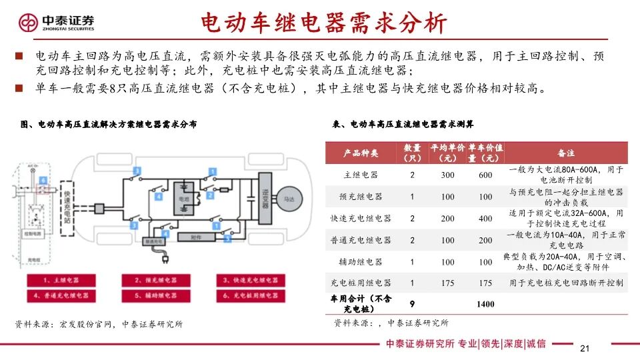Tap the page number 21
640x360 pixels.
click(586, 349)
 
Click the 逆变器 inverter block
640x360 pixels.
click(264, 193)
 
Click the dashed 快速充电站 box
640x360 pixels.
click(68, 201)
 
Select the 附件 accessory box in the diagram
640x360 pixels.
click(195, 237)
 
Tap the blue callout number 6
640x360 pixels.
click(42, 180)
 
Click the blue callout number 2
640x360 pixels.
click(210, 195)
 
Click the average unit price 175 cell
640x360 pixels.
click(448, 283)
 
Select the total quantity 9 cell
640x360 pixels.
click(413, 304)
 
